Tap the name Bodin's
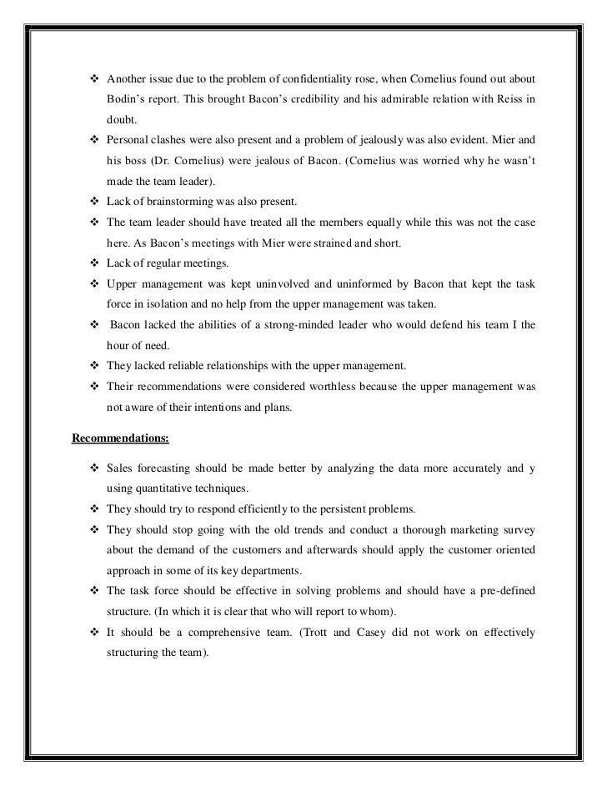(x=125, y=100)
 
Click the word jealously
(x=382, y=141)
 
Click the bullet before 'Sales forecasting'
(x=93, y=468)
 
